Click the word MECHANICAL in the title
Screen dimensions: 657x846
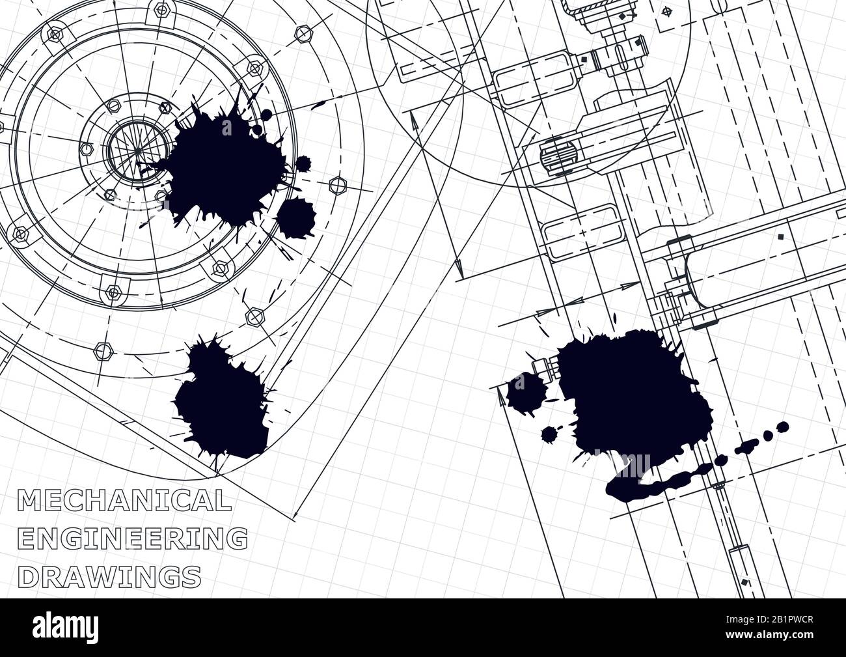124,501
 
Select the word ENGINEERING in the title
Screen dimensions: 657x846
132,538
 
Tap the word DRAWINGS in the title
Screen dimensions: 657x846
109,576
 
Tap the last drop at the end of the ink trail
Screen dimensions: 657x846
783,427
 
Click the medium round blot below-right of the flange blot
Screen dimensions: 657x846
297,217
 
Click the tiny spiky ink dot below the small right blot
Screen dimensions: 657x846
548,434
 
